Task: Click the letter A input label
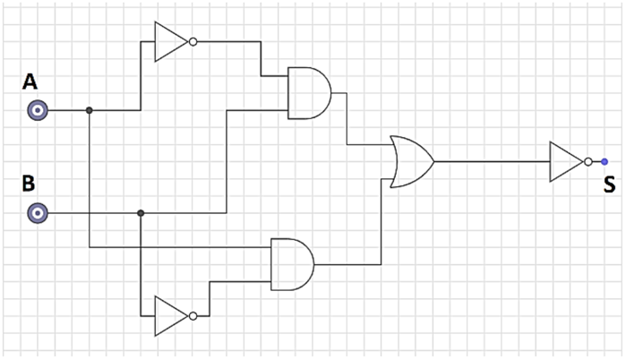coord(30,82)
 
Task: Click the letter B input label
coord(29,184)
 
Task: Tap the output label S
coord(609,186)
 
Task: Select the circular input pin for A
coord(37,110)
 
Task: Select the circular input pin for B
coord(37,213)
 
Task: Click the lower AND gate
coord(292,264)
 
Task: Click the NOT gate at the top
coord(170,41)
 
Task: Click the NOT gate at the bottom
coord(170,316)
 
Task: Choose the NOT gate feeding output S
coord(566,162)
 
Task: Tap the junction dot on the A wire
coord(89,110)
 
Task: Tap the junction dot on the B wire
coord(141,213)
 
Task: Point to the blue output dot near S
coord(605,162)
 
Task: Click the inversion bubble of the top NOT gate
coord(193,41)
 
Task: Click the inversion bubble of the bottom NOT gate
coord(193,316)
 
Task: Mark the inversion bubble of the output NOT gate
coord(587,162)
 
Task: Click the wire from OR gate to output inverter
coord(493,162)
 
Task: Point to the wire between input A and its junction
coord(67,110)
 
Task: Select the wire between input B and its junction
coord(90,213)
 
